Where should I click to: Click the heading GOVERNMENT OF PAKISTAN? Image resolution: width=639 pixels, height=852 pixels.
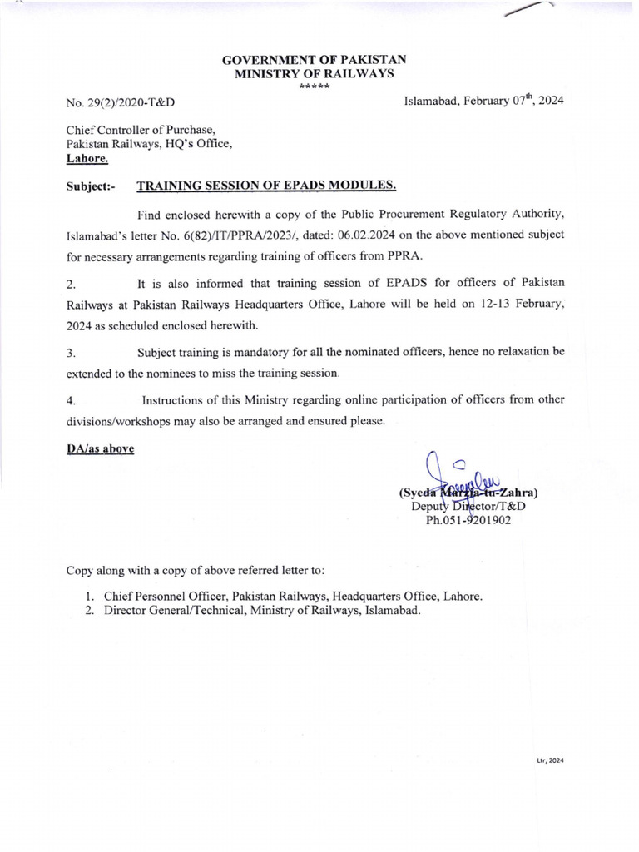pos(313,62)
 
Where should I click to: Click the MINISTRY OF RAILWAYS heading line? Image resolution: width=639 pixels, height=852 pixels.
pos(313,75)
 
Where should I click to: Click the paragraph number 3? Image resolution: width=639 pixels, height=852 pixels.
pos(71,354)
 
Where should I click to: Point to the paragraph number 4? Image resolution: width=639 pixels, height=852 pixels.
pos(71,401)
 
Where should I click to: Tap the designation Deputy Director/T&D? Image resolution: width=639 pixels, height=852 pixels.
pos(468,507)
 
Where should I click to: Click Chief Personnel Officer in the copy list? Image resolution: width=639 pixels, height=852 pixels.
pos(165,597)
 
